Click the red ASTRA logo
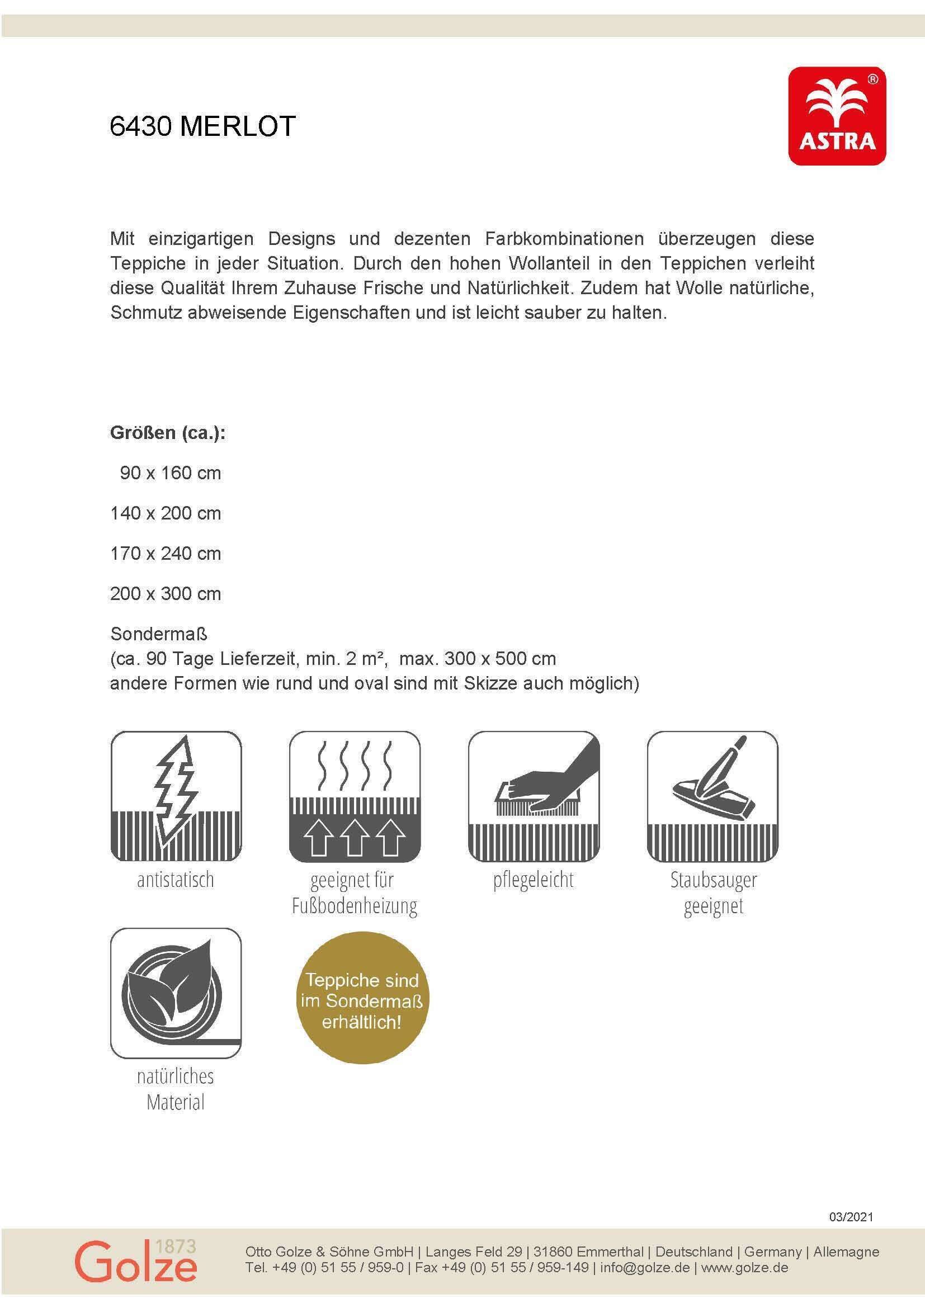837,116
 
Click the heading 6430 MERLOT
202,126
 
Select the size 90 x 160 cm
170,473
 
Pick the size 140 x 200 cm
165,513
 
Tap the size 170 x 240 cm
165,553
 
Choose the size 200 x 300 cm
165,594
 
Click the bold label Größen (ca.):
167,432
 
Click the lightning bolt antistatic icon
176,796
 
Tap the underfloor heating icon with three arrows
354,796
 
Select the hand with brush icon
534,796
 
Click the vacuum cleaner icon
712,796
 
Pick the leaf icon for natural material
176,993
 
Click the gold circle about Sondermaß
362,1001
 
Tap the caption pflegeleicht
534,880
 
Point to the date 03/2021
851,1216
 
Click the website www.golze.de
744,1268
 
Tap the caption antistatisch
176,880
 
